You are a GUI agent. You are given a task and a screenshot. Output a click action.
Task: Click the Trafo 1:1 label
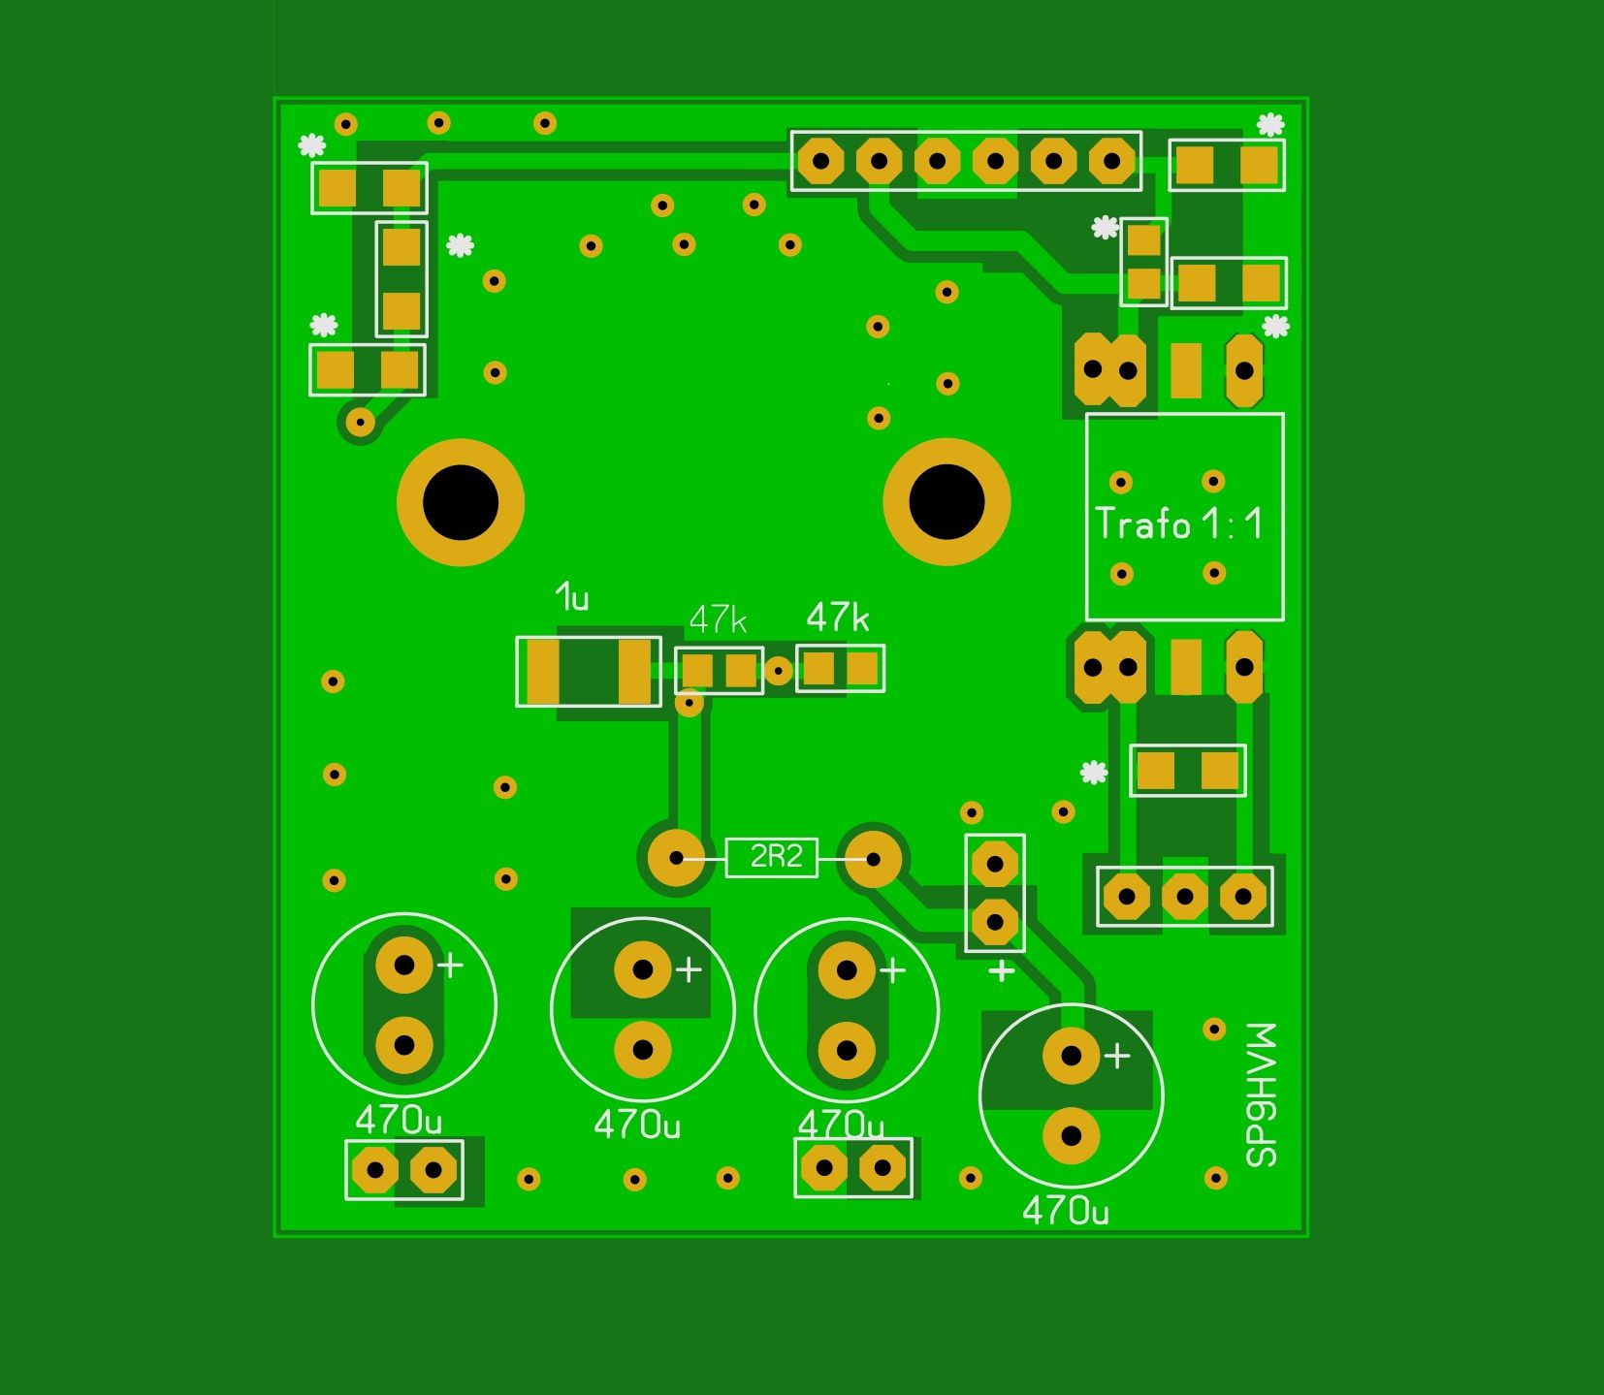coord(1180,524)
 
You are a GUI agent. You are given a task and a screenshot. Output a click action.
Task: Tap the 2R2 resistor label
coord(777,857)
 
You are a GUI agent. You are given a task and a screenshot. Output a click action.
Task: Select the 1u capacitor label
coord(573,597)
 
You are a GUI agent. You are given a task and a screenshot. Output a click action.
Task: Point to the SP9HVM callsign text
coord(1262,1094)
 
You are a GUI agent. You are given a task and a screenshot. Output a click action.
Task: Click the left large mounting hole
coord(461,502)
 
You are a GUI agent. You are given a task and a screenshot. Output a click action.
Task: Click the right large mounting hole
coord(946,502)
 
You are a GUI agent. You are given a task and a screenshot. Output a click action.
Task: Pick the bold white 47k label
coord(838,618)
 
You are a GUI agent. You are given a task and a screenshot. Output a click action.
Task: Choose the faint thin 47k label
coord(718,619)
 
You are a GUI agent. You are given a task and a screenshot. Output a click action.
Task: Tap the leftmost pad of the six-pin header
coord(821,161)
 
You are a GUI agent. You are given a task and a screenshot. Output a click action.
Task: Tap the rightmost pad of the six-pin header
coord(1112,161)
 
